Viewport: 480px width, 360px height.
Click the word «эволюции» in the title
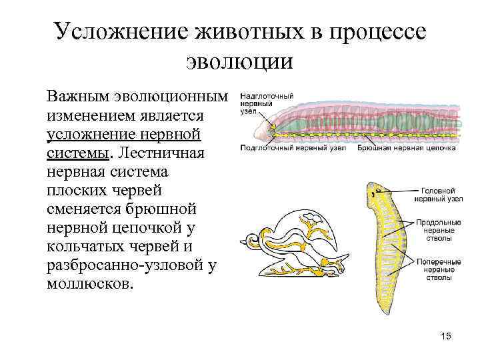[x=239, y=62]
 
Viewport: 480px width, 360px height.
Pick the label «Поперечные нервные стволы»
[x=434, y=268]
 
